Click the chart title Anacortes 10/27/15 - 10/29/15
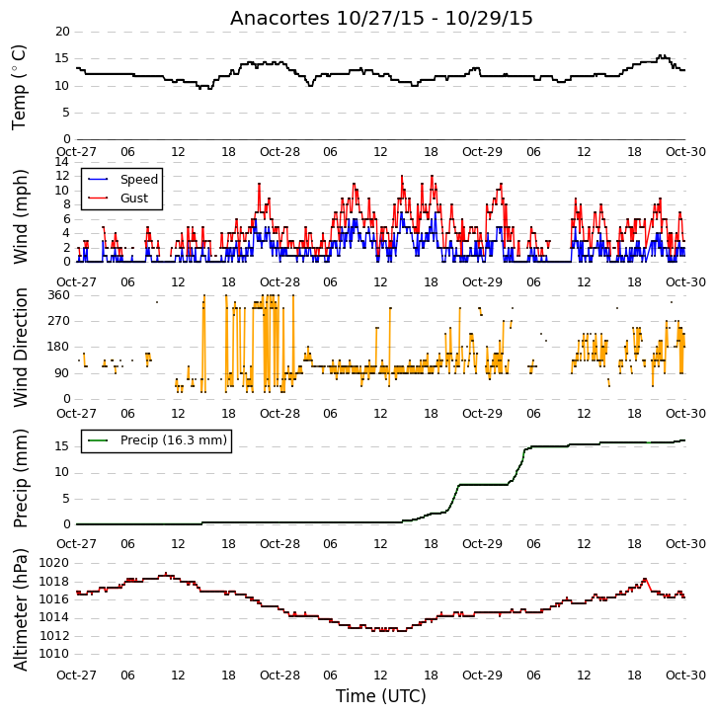click(x=381, y=18)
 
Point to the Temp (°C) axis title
click(x=19, y=87)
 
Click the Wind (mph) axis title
click(x=20, y=216)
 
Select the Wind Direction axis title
click(x=20, y=347)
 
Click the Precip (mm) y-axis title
click(x=20, y=478)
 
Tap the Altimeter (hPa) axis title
click(x=20, y=609)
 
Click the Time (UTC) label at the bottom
click(x=381, y=696)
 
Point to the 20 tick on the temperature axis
click(x=62, y=32)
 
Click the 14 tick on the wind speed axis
click(x=62, y=162)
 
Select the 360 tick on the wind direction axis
click(x=59, y=295)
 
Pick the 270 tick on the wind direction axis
click(x=59, y=321)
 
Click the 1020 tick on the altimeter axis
click(x=54, y=563)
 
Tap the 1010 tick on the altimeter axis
click(x=54, y=654)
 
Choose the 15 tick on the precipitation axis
click(x=62, y=446)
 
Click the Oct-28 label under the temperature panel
click(x=279, y=152)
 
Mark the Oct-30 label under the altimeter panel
click(x=685, y=675)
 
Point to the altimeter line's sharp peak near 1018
click(x=645, y=579)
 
